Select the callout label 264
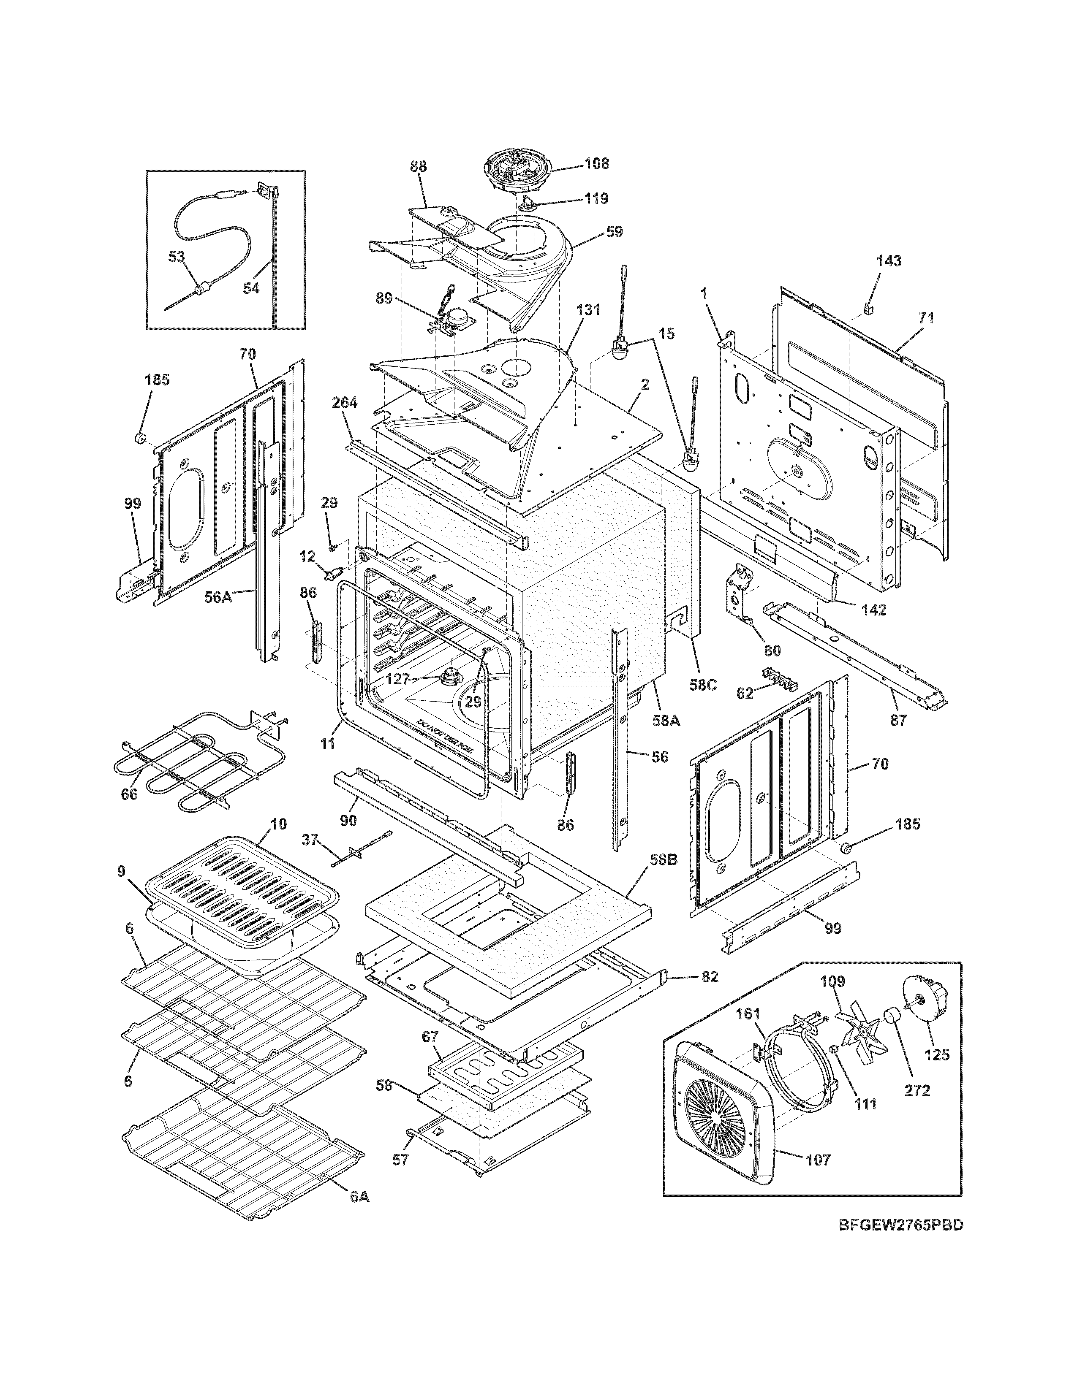pos(345,402)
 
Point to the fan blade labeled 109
pos(857,1034)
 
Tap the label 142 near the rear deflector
pos(873,610)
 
